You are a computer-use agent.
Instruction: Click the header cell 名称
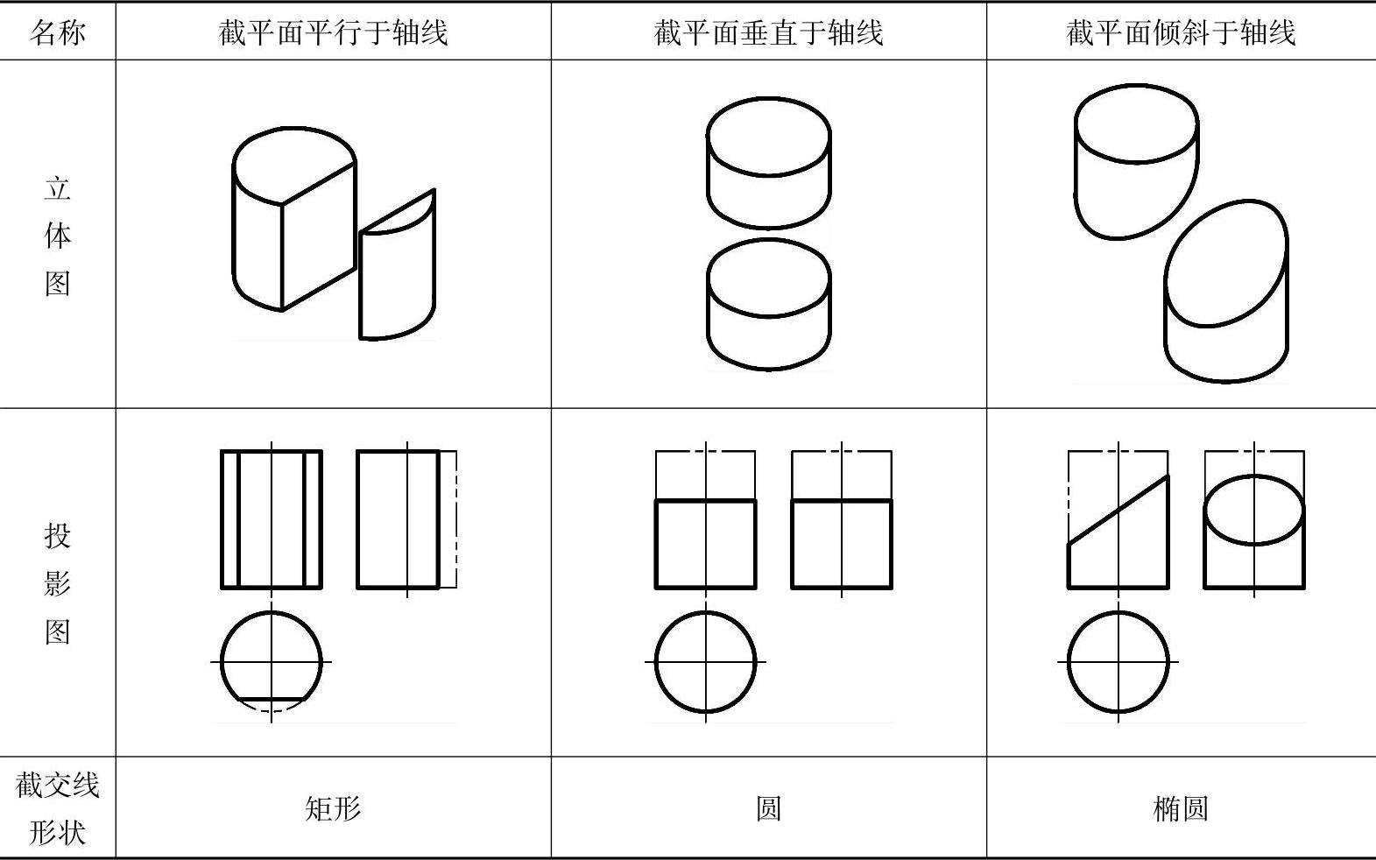point(57,32)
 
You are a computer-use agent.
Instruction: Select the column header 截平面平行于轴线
point(333,32)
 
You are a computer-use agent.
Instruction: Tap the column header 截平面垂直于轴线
point(768,32)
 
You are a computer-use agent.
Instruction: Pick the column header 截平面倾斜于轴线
point(1181,32)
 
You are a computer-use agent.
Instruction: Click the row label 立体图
point(57,236)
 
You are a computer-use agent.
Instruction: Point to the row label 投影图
point(57,583)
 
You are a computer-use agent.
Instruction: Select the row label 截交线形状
point(57,808)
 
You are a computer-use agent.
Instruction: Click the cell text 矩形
point(333,808)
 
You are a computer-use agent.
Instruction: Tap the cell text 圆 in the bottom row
point(768,808)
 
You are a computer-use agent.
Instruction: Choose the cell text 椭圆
point(1181,808)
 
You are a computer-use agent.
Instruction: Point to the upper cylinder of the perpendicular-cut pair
point(768,163)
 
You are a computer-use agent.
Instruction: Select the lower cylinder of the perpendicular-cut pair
point(768,304)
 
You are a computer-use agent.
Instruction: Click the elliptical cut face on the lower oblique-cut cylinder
point(1226,263)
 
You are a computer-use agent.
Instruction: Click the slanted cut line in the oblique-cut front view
point(1118,510)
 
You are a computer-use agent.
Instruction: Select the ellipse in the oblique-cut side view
point(1253,475)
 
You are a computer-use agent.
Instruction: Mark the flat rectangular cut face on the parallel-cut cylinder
point(319,236)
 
